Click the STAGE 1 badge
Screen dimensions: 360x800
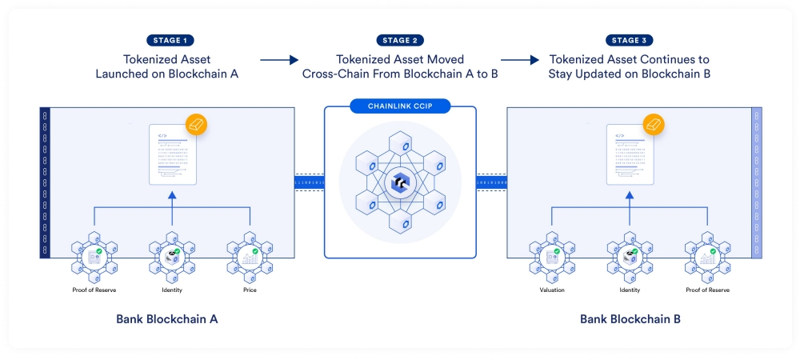170,40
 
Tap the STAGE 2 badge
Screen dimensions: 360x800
398,40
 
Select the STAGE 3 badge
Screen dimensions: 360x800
630,40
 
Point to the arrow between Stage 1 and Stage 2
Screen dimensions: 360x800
278,59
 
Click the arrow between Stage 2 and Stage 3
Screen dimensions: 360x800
519,59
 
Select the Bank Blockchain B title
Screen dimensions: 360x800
630,318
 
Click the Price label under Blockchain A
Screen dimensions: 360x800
250,290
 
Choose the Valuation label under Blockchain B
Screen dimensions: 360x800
552,290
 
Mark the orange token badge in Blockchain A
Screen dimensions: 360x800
197,125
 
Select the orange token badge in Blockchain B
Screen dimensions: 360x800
654,125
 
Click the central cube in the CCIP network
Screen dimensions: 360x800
399,182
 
